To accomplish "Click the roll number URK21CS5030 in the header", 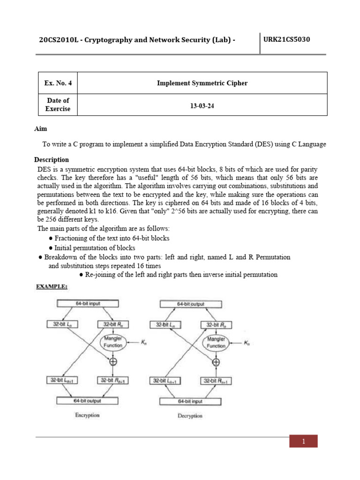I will [286, 39].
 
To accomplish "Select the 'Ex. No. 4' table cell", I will [58, 83].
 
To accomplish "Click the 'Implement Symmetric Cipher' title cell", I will [202, 83].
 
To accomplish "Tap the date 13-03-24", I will [202, 105].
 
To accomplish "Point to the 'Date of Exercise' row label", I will [58, 105].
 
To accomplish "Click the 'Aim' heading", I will [41, 128].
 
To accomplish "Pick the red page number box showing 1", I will [303, 441].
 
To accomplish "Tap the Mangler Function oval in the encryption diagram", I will [112, 342].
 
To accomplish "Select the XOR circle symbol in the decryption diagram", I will [216, 361].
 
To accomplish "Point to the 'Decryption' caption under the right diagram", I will [190, 416].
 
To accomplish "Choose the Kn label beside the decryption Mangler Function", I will [247, 343].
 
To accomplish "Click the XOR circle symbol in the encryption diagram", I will [113, 361].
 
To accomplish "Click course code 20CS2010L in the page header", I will [58, 40].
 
